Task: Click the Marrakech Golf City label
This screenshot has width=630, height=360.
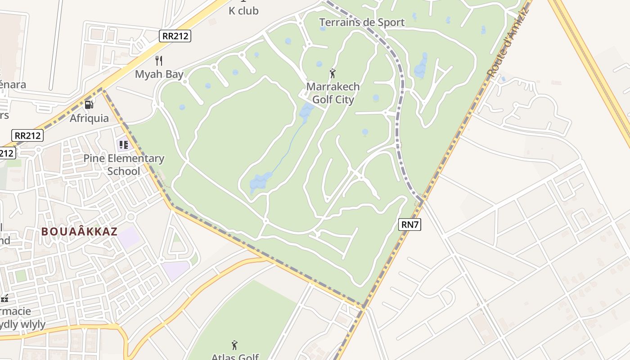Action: [x=333, y=93]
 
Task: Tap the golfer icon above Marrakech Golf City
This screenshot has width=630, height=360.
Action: [x=333, y=73]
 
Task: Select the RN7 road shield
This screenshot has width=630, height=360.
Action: [x=409, y=225]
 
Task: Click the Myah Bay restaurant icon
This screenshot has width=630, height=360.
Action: [x=158, y=60]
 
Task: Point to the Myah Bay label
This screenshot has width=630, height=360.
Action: [x=159, y=74]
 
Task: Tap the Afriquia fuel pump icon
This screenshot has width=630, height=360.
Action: [x=89, y=105]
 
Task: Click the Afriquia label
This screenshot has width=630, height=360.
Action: [x=89, y=118]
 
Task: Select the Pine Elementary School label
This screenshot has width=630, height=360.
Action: [x=124, y=165]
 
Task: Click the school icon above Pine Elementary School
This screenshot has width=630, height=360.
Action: [x=123, y=145]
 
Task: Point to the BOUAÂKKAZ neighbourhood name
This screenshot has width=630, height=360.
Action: [x=79, y=232]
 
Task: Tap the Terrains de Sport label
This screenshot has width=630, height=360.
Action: [x=362, y=22]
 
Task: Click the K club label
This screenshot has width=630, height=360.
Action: [x=243, y=11]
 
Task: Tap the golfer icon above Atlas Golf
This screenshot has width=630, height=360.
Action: [x=234, y=345]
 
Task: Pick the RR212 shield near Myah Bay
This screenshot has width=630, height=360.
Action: [x=175, y=36]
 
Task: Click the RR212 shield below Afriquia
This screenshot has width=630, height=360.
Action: [x=28, y=135]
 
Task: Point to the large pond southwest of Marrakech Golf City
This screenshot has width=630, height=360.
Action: [x=261, y=181]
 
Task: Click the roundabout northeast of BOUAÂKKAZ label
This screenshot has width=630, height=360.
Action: [x=131, y=217]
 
